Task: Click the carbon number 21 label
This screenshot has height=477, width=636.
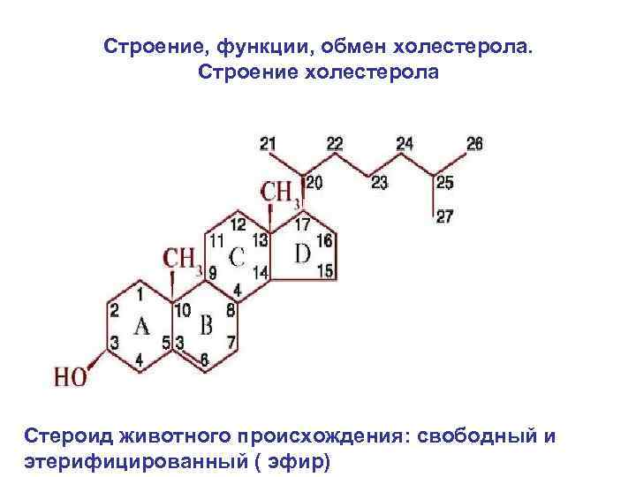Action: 269,143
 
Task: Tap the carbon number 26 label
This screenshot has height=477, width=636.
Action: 474,143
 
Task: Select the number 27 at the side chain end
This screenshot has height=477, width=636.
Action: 444,216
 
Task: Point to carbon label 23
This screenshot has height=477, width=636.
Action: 379,183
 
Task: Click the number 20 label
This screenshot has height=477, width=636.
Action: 314,182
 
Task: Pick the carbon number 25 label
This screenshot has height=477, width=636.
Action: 444,183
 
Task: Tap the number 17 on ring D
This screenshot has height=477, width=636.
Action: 302,224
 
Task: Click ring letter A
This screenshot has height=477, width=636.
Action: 142,327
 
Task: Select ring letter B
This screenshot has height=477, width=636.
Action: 206,327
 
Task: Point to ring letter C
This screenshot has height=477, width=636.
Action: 236,257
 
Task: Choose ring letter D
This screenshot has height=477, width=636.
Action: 302,254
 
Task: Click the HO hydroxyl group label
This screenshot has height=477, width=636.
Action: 71,377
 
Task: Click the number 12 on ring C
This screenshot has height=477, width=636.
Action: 238,224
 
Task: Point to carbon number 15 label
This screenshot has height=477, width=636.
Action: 324,272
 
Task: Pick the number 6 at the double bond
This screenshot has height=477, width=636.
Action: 206,360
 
